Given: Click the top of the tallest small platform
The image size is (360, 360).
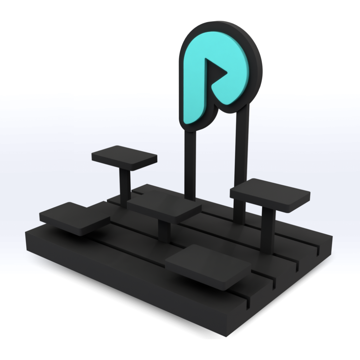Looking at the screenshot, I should coord(124,157).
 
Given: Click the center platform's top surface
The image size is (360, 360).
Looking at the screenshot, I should coord(164,205).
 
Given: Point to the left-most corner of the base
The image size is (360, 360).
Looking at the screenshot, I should coord(26,233).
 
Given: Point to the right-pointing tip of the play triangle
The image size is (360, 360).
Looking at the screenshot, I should coord(227,72).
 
